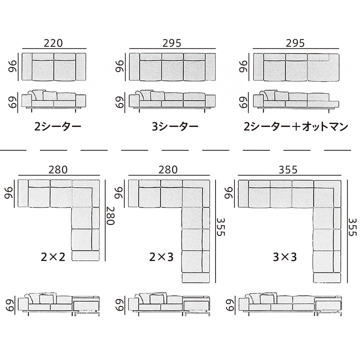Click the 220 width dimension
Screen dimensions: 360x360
(x=53, y=43)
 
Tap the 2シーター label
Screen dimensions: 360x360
(x=58, y=126)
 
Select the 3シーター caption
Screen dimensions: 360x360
(x=175, y=126)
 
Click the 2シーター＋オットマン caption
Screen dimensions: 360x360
(x=296, y=126)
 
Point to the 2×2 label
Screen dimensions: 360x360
(x=53, y=257)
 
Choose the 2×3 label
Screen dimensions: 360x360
(x=161, y=257)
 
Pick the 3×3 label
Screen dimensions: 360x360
(x=285, y=257)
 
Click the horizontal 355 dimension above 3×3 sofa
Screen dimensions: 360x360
(x=288, y=170)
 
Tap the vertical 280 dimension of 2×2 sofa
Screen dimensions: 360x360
(x=110, y=216)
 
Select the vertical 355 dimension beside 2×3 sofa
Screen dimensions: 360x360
(x=221, y=227)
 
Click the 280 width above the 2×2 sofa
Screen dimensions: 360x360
(x=58, y=170)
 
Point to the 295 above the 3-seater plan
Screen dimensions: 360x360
(x=172, y=43)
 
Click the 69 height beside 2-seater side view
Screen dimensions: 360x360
(x=13, y=102)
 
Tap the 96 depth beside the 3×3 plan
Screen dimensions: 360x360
(x=229, y=193)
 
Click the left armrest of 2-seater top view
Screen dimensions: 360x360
(x=27, y=67)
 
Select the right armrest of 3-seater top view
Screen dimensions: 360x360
(x=210, y=67)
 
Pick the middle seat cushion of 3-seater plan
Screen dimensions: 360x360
(x=172, y=70)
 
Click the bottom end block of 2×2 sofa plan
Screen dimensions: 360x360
(x=85, y=256)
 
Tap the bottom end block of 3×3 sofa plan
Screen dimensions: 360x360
(x=327, y=278)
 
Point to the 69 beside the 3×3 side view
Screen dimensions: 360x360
(x=230, y=305)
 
